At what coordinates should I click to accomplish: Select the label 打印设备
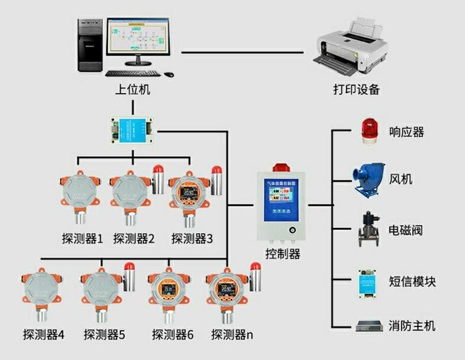pos(356,90)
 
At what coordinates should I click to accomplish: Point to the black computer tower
pos(90,46)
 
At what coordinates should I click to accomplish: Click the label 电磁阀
pos(406,230)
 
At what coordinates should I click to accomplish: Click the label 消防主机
pos(412,325)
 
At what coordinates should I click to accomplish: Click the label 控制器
pos(283,254)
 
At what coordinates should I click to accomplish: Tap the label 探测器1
pos(82,239)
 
